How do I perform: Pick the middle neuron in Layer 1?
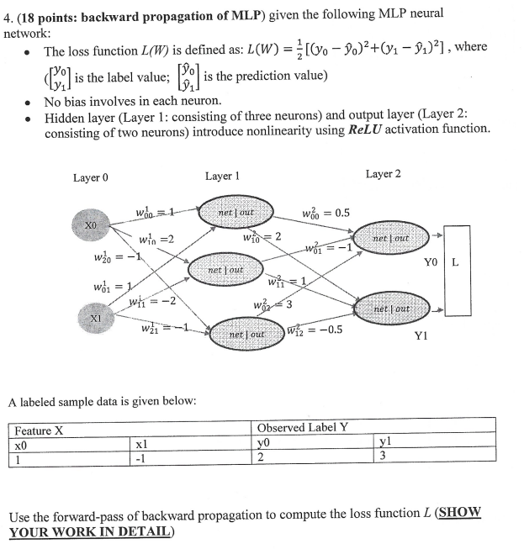click(225, 271)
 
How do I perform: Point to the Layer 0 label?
click(90, 177)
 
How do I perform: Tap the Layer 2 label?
click(383, 173)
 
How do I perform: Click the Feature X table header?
click(39, 430)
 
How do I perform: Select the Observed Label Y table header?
click(303, 427)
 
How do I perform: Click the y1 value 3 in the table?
click(384, 457)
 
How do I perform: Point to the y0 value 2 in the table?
click(262, 457)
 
